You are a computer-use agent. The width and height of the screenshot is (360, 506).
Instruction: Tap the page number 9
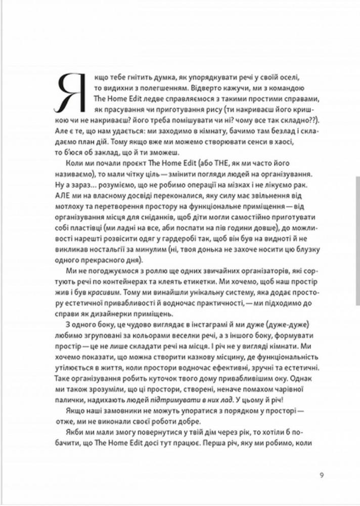point(322,475)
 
